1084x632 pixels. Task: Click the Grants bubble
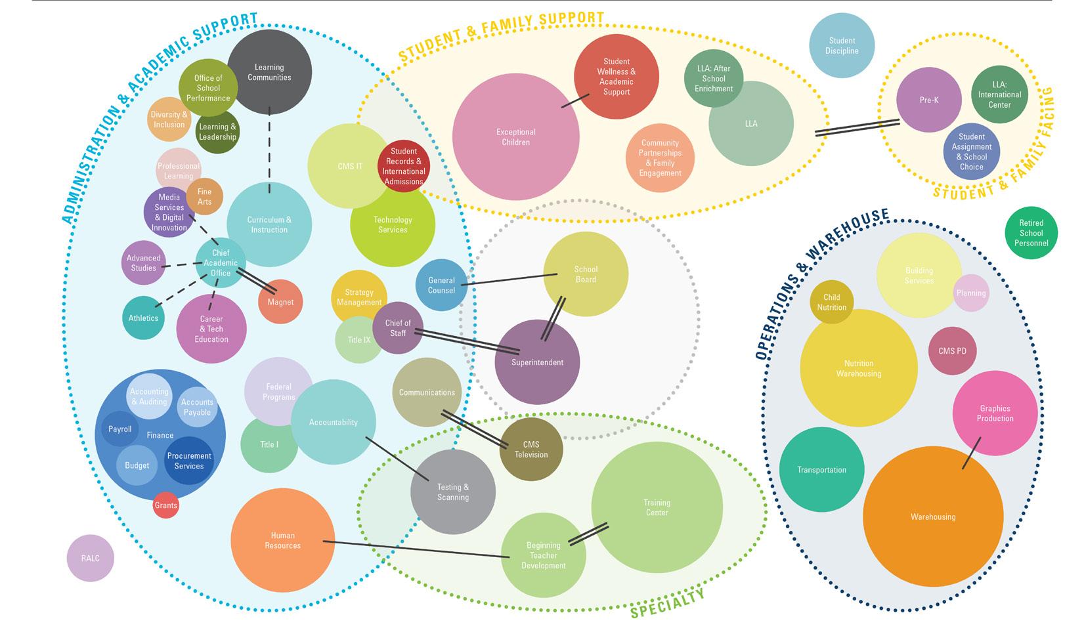(x=166, y=505)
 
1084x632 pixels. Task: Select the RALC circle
(x=91, y=558)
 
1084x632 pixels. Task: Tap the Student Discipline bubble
(x=842, y=45)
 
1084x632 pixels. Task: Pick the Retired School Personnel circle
(x=1031, y=233)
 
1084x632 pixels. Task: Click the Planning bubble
(x=971, y=293)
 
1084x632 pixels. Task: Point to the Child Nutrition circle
(x=831, y=302)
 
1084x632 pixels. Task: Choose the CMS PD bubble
(x=952, y=351)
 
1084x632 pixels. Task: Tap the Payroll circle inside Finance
(x=120, y=429)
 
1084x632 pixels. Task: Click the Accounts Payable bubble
(x=197, y=407)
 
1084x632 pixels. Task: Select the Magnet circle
(x=280, y=302)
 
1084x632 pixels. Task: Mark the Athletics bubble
(x=143, y=318)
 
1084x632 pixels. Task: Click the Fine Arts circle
(x=205, y=197)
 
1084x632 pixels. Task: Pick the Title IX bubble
(x=358, y=340)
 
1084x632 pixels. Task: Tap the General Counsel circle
(x=441, y=285)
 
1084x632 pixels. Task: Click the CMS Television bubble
(x=531, y=450)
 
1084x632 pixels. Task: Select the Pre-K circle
(x=929, y=100)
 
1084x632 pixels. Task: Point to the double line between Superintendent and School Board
(x=553, y=319)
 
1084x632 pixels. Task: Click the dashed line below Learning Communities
(x=269, y=151)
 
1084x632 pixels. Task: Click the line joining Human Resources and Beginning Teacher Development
(x=414, y=549)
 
